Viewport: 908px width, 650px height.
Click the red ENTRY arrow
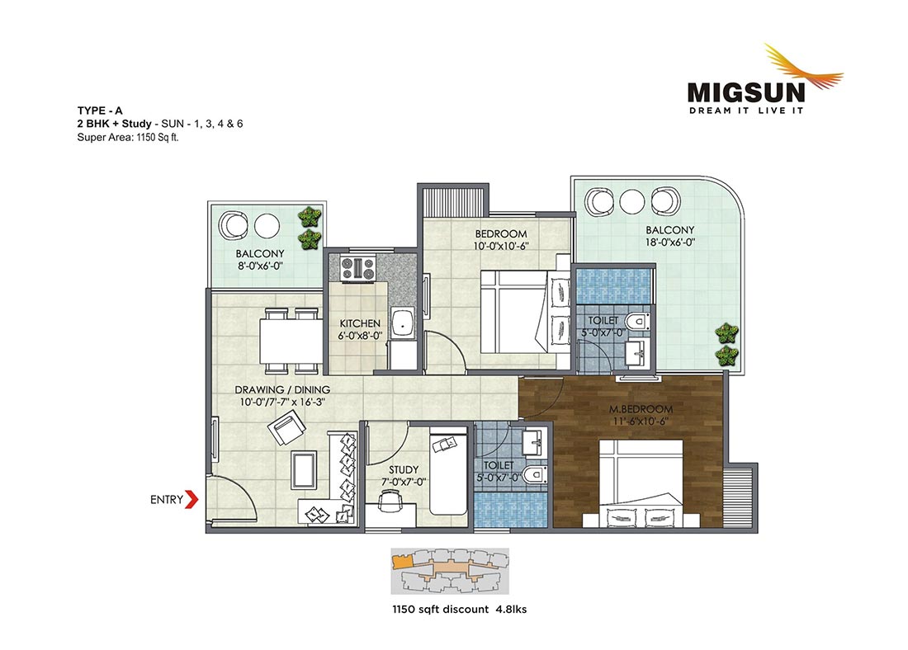point(192,500)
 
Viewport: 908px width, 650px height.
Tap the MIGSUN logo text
point(746,92)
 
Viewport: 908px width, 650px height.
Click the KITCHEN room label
point(360,323)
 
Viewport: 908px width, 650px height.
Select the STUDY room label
point(404,469)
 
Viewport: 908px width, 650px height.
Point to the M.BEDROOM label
point(641,409)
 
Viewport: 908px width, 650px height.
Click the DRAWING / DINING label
point(282,390)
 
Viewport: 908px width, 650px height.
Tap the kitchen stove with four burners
point(358,268)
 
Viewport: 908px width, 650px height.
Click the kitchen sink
point(400,324)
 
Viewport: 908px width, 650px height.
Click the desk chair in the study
point(390,499)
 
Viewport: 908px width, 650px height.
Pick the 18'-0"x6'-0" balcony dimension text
point(670,243)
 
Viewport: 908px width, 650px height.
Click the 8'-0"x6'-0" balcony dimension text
point(260,266)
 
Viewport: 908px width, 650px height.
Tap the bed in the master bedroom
point(641,483)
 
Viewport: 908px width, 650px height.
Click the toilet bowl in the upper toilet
point(636,321)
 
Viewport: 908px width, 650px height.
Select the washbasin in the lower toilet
point(532,444)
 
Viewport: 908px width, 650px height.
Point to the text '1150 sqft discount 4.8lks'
point(460,609)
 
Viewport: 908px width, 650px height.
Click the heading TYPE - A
point(100,111)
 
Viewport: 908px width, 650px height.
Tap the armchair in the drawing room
point(287,428)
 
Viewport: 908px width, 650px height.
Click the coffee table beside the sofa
point(304,470)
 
